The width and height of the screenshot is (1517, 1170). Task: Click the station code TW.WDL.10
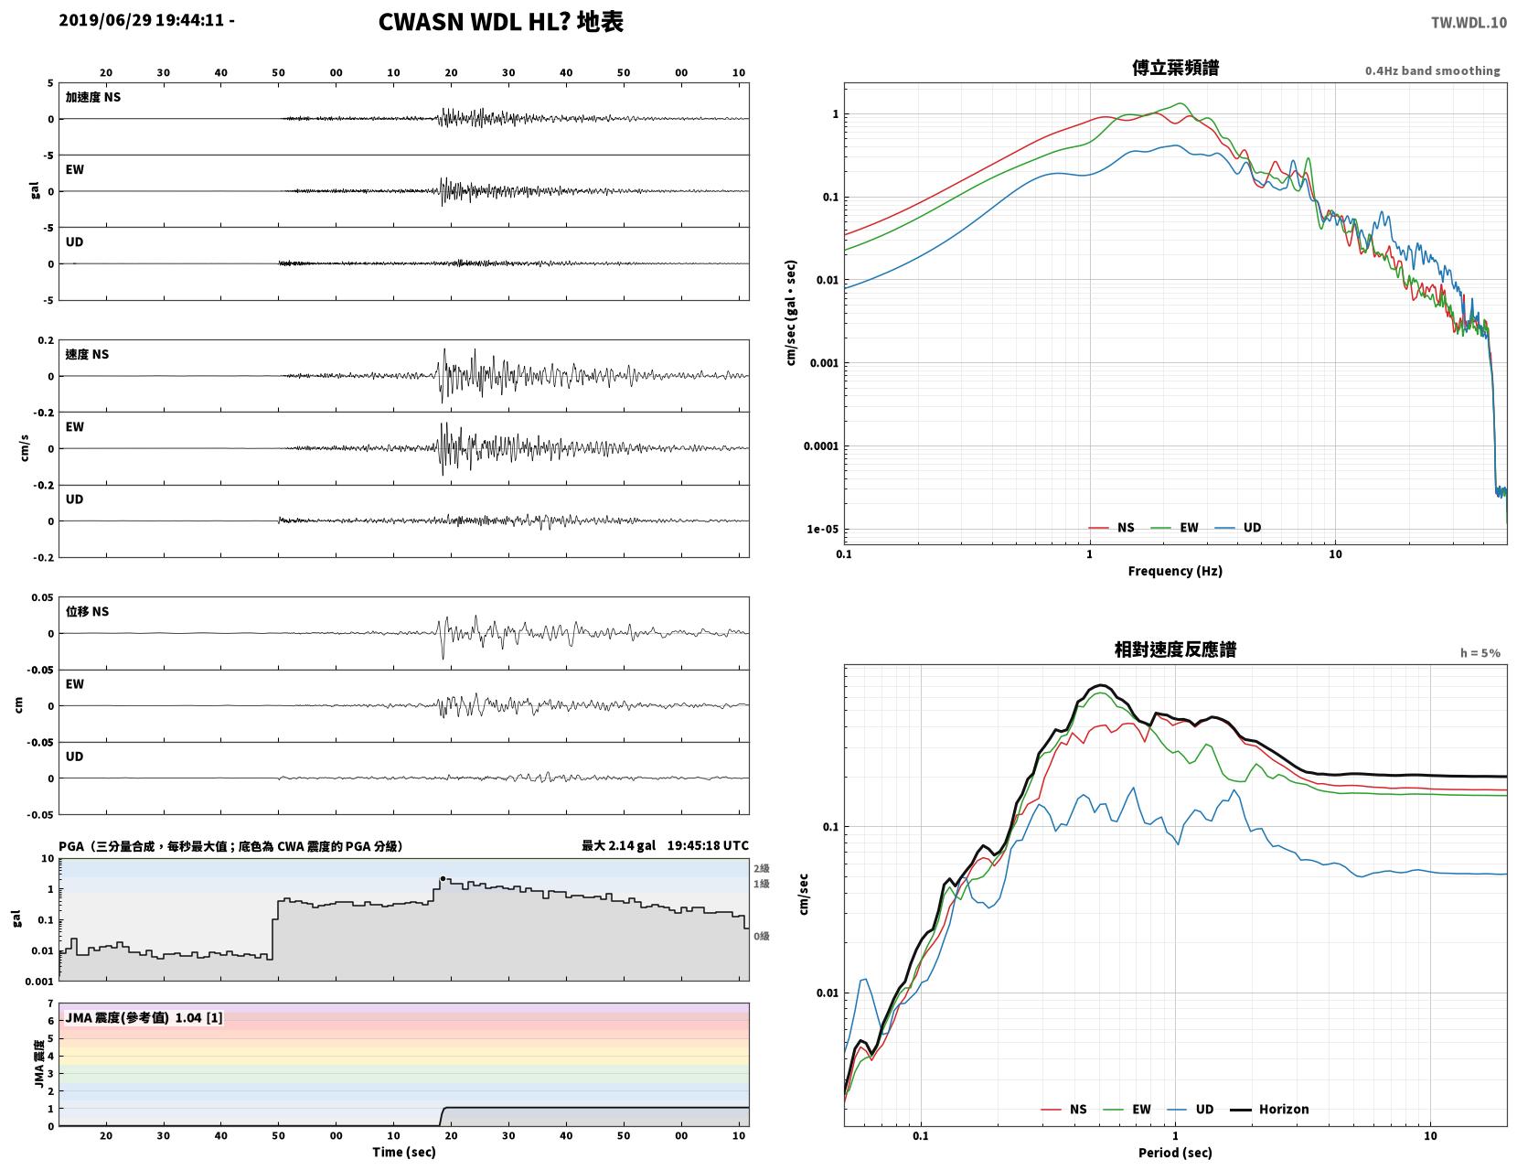pos(1469,22)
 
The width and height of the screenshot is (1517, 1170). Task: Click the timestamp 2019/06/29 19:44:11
pos(141,20)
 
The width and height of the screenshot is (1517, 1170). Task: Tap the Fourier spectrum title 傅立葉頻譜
pos(1175,68)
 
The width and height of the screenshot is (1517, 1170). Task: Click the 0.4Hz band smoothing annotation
pos(1432,70)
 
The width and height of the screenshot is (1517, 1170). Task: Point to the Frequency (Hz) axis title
pos(1175,571)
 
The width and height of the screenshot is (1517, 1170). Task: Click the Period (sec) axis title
pos(1175,1153)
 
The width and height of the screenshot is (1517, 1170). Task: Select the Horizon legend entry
pos(1268,1110)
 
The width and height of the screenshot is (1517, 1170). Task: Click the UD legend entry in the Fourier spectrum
pos(1238,528)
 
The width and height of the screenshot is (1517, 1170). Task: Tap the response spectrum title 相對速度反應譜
pos(1175,649)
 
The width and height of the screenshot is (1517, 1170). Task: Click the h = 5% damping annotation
pos(1480,653)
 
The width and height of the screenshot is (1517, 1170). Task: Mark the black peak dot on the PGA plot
pos(443,879)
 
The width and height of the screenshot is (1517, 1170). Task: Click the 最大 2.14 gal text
pos(618,845)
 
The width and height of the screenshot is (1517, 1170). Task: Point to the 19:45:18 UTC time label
pos(708,845)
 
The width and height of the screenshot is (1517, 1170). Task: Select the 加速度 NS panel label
pos(93,97)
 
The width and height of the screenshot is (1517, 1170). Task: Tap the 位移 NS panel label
pos(87,611)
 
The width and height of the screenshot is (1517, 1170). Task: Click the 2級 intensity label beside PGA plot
pos(761,868)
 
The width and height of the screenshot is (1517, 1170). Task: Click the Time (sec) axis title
pos(403,1152)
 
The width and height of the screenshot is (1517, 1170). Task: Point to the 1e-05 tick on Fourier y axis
pos(822,529)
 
